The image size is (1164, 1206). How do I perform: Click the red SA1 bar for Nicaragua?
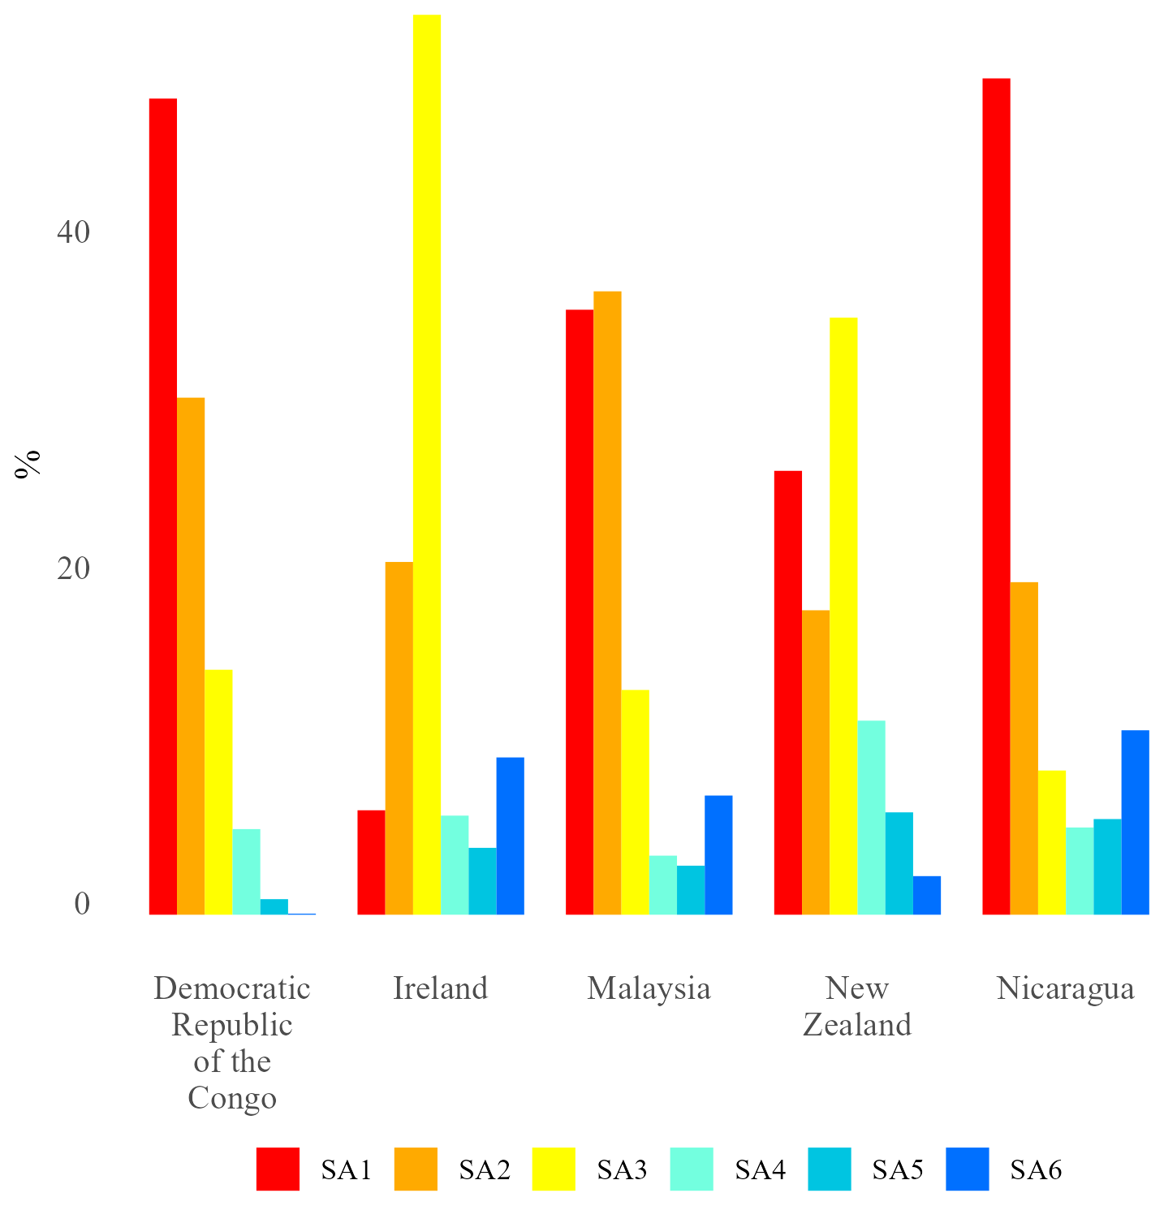(x=996, y=496)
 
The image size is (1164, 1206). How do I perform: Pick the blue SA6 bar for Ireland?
(x=510, y=836)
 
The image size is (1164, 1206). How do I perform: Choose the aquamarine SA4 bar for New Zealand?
(x=871, y=817)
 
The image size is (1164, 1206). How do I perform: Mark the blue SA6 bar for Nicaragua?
(x=1135, y=822)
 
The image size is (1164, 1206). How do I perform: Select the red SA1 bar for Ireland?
(x=371, y=862)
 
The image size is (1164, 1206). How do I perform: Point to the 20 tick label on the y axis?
(x=73, y=568)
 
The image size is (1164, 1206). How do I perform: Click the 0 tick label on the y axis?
(x=82, y=904)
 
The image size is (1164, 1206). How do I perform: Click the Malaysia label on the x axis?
(x=649, y=988)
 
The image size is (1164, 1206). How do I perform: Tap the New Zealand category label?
(x=857, y=1006)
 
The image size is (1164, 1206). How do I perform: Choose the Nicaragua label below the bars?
(x=1065, y=988)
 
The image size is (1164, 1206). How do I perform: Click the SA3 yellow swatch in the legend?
(x=554, y=1169)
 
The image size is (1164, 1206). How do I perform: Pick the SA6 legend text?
(x=1036, y=1169)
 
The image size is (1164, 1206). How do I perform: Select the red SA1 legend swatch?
(x=278, y=1169)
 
